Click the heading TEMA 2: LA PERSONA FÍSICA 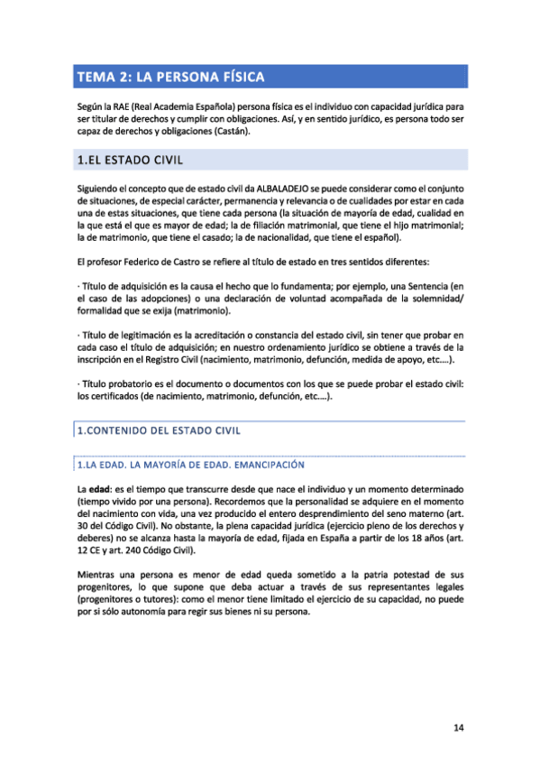(170, 77)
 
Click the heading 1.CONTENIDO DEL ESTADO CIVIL (159, 430)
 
